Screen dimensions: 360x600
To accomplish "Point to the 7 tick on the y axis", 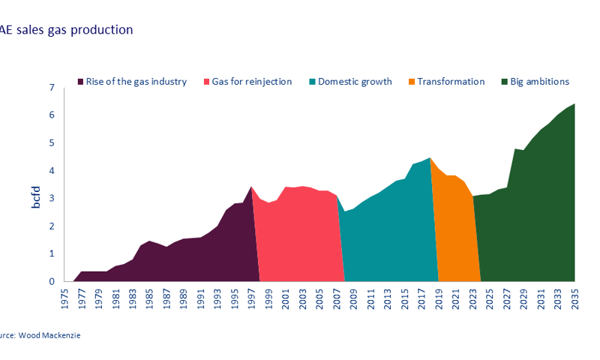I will (51, 88).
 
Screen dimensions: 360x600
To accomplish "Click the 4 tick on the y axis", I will (51, 171).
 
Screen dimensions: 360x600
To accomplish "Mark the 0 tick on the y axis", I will (51, 281).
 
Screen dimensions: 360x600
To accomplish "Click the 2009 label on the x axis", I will (352, 298).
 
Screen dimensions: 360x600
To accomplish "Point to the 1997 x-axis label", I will (250, 298).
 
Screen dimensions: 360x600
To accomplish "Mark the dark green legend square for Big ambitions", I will (505, 82).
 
